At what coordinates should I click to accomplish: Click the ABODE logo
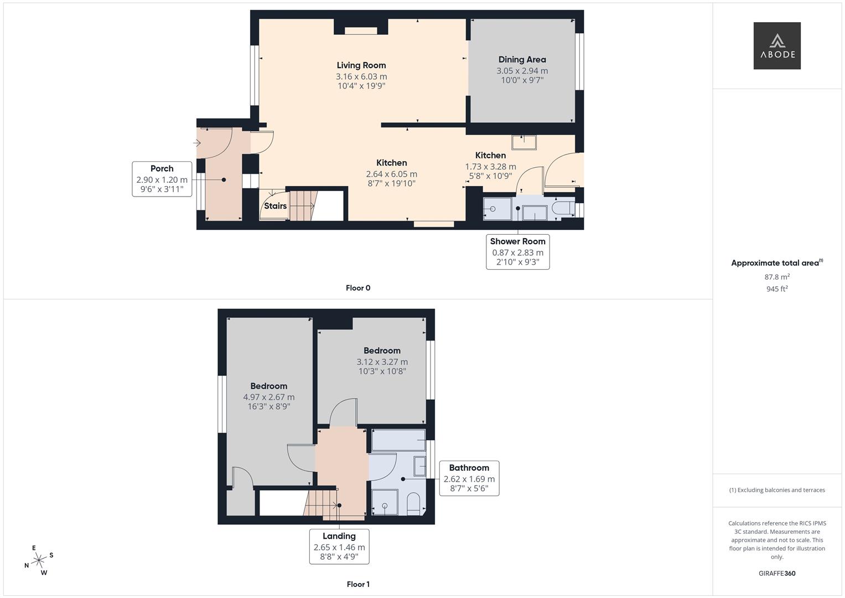[x=776, y=46]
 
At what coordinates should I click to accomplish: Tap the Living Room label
[x=361, y=65]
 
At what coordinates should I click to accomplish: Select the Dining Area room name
[x=522, y=59]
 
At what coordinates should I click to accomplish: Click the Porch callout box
[x=162, y=179]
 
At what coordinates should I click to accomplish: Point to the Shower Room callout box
[x=517, y=252]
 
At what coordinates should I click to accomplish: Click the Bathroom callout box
[x=469, y=478]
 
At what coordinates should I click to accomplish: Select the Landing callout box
[x=339, y=547]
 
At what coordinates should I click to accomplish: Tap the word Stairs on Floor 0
[x=275, y=206]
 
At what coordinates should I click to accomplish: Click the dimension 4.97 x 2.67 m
[x=268, y=397]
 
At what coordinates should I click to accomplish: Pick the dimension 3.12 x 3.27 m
[x=382, y=362]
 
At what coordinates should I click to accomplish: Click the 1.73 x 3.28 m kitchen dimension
[x=490, y=167]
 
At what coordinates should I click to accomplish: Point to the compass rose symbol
[x=39, y=560]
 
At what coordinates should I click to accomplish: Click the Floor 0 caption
[x=357, y=288]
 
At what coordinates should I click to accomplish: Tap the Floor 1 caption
[x=357, y=584]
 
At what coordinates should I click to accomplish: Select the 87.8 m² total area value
[x=776, y=277]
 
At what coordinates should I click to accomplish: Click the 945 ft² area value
[x=776, y=289]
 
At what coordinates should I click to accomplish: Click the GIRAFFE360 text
[x=776, y=574]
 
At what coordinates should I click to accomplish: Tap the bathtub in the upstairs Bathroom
[x=398, y=440]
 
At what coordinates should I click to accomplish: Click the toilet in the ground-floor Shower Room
[x=563, y=209]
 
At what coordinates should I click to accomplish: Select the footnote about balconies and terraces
[x=776, y=490]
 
